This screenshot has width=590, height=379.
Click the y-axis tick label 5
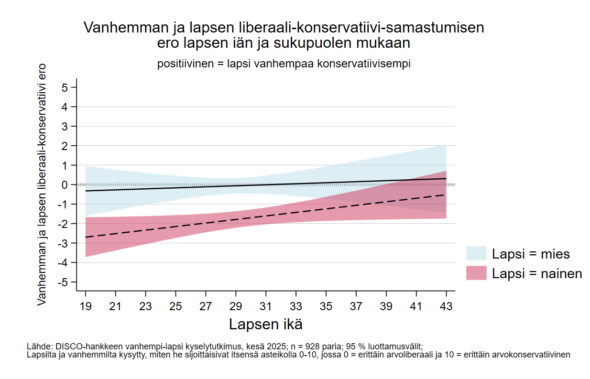click(65, 87)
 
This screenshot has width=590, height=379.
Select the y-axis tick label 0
click(65, 185)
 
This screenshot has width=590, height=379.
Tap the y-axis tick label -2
click(63, 224)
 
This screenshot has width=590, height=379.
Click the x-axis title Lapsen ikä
click(265, 324)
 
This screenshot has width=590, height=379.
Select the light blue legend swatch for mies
click(476, 254)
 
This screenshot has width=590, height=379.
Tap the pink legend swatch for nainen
click(476, 273)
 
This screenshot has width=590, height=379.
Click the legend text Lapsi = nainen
click(537, 273)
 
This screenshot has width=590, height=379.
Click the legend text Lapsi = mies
click(531, 254)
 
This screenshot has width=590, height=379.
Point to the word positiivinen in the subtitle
click(185, 64)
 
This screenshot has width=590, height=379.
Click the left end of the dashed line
click(86, 237)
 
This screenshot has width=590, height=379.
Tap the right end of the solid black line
click(446, 178)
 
